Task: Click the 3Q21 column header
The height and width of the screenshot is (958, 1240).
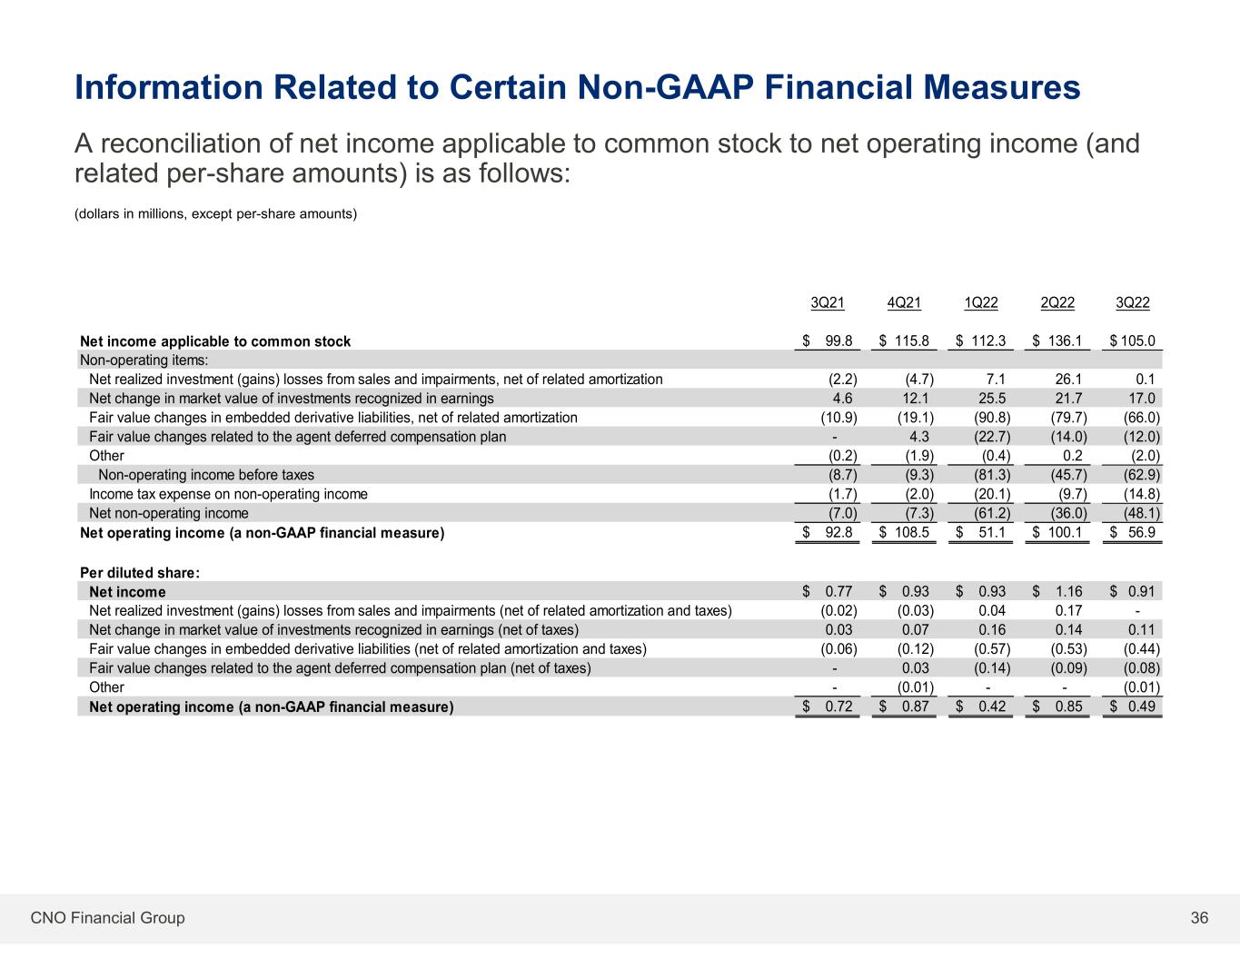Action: coord(828,302)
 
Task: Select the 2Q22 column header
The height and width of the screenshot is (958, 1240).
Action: coord(1057,302)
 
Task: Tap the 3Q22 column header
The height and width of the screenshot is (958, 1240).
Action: coord(1133,302)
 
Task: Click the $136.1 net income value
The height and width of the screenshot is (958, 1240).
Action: coord(1057,341)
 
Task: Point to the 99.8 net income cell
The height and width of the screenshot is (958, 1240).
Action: coord(838,341)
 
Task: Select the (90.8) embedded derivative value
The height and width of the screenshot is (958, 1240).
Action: coord(992,418)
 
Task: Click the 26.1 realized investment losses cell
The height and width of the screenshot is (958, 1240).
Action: coord(1069,380)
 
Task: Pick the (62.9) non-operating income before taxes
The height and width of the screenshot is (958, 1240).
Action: coord(1142,475)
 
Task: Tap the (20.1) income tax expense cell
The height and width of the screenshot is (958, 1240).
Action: coord(992,494)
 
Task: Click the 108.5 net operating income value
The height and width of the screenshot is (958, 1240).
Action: coord(911,533)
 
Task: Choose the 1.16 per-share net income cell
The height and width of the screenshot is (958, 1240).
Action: coord(1069,591)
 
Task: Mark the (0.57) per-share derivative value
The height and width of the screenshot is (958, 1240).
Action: coord(992,649)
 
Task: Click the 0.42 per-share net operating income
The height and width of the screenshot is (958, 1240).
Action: coord(992,706)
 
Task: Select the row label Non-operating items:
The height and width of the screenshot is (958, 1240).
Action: coord(144,360)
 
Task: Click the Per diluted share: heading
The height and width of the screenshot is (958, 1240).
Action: coord(140,572)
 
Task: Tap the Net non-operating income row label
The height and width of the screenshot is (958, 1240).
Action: coord(168,513)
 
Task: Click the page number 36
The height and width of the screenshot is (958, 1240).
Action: coord(1199,917)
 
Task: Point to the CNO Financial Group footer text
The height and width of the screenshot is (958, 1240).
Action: coord(107,918)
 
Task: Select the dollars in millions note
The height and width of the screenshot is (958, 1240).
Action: coord(215,213)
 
